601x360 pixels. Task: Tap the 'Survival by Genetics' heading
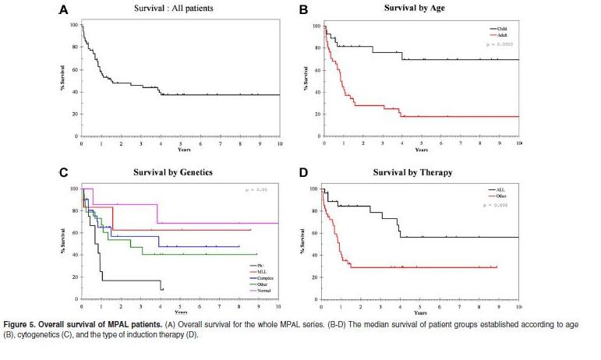point(179,171)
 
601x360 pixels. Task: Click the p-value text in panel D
point(496,205)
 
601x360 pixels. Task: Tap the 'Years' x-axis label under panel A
point(179,150)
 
